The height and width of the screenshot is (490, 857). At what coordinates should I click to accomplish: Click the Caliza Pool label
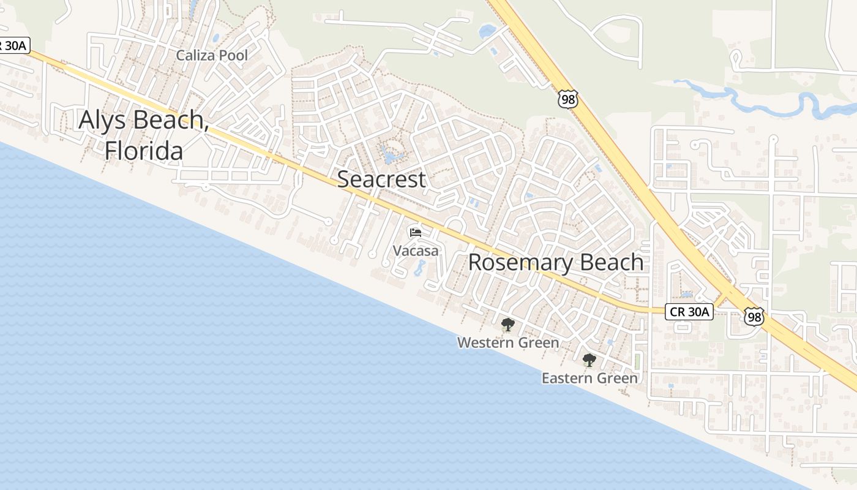click(x=212, y=56)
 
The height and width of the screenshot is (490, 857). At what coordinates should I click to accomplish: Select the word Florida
click(x=144, y=151)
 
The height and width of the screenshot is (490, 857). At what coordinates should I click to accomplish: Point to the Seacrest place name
click(x=381, y=179)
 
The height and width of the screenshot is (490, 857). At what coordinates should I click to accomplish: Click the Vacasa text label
click(x=416, y=251)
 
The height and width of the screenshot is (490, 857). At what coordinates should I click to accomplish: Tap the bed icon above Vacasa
click(x=416, y=233)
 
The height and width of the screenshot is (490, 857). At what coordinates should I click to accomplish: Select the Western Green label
click(x=508, y=342)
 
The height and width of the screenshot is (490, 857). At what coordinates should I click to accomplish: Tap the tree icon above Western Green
click(x=507, y=325)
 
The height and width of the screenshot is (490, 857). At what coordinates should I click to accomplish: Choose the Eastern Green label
click(x=589, y=379)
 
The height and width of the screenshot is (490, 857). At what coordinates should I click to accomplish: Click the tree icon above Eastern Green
click(x=589, y=360)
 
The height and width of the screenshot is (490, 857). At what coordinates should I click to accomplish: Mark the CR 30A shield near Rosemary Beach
click(x=689, y=312)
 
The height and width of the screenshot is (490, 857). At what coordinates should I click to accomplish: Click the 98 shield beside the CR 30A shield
click(x=754, y=317)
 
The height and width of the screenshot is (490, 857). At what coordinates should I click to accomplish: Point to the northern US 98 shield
click(x=567, y=99)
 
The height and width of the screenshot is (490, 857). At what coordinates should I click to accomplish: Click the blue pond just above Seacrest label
click(x=389, y=154)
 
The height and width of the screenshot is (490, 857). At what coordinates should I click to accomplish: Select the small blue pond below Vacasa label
click(x=421, y=268)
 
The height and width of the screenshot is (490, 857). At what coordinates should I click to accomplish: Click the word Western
click(x=484, y=342)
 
